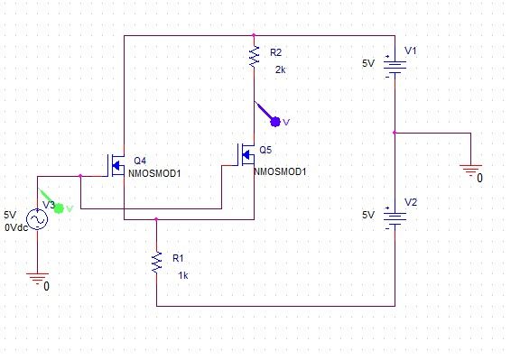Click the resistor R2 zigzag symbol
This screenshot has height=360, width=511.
pyautogui.click(x=254, y=58)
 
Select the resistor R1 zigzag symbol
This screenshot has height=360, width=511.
pyautogui.click(x=156, y=262)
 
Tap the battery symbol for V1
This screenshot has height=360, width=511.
pyautogui.click(x=394, y=66)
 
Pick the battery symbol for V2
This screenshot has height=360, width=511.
pyautogui.click(x=394, y=217)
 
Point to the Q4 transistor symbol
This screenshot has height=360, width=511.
pyautogui.click(x=116, y=164)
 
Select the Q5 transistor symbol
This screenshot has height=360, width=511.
pyautogui.click(x=246, y=155)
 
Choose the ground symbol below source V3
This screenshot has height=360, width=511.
pyautogui.click(x=37, y=279)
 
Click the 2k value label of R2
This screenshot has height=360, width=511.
pyautogui.click(x=280, y=69)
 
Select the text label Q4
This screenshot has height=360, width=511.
pyautogui.click(x=140, y=159)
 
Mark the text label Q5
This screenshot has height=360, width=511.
pyautogui.click(x=265, y=149)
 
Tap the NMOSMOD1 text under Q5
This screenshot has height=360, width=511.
pyautogui.click(x=281, y=170)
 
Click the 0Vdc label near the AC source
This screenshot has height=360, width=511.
pyautogui.click(x=17, y=227)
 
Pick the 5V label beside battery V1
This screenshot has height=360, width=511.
pyautogui.click(x=367, y=64)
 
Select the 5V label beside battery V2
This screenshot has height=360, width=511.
pyautogui.click(x=367, y=216)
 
